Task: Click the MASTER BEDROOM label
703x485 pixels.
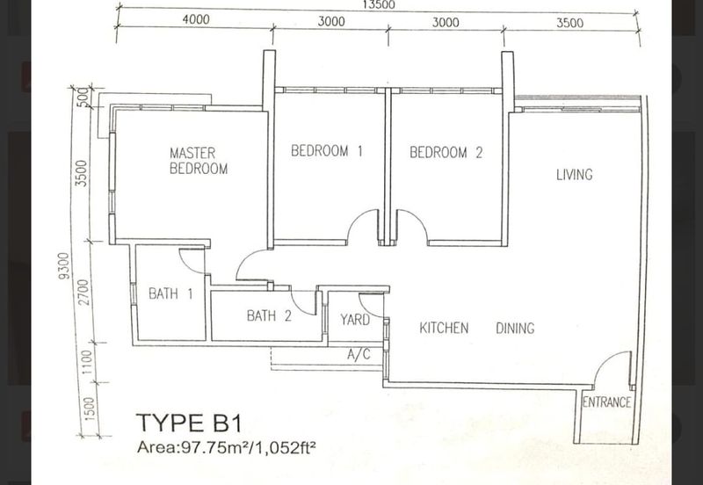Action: tap(199, 161)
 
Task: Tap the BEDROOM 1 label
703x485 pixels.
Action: tap(326, 150)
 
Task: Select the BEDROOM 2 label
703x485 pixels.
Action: tap(446, 152)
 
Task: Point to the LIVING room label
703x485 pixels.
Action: tap(575, 174)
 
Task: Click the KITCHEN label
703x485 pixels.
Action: tap(444, 328)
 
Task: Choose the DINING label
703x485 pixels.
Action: tap(515, 328)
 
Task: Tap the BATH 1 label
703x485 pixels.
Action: tap(170, 293)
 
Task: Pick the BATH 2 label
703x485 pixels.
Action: tap(269, 315)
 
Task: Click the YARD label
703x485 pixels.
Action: tap(355, 320)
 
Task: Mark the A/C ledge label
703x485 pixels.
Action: tap(359, 354)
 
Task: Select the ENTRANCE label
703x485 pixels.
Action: tap(606, 402)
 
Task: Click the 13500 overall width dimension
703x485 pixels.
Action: tap(379, 5)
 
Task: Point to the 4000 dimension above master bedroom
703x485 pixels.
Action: tap(196, 19)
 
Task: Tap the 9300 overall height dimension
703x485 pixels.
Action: tap(64, 266)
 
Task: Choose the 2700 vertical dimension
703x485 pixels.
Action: tap(83, 293)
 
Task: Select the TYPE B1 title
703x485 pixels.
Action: tap(189, 423)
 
